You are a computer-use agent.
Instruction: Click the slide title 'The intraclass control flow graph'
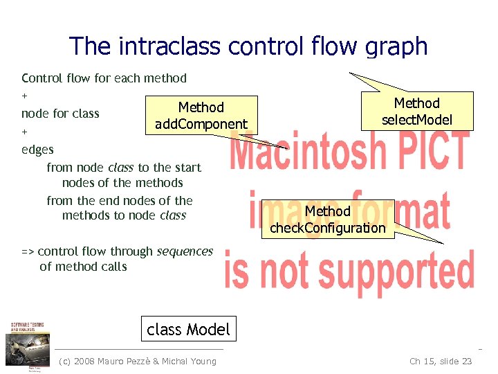point(248,46)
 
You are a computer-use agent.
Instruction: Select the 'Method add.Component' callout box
point(201,116)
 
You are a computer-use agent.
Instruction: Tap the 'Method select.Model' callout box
point(416,111)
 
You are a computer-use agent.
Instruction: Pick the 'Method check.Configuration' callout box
point(327,219)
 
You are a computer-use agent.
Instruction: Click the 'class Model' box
point(188,329)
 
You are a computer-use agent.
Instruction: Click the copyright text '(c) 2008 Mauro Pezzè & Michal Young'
point(138,361)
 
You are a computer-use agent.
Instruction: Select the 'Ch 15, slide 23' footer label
point(441,361)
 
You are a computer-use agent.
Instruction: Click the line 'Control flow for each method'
point(104,78)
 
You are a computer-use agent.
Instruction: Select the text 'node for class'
point(60,114)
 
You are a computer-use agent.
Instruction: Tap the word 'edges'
point(37,149)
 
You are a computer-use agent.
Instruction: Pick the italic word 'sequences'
point(185,251)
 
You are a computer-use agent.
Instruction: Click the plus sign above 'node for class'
point(25,96)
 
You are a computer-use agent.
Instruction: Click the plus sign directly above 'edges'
point(25,131)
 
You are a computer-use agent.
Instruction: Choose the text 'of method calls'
point(83,267)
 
